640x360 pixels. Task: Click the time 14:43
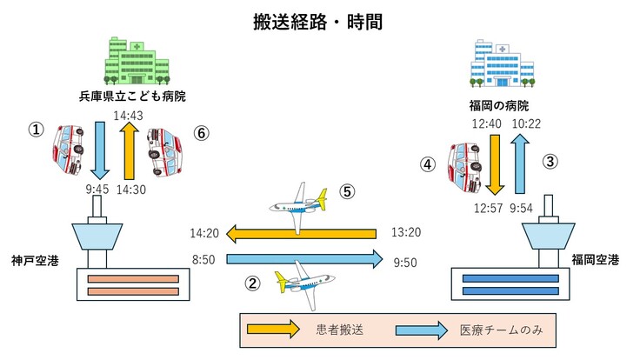tap(129, 115)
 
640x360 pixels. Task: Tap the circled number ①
tap(36, 130)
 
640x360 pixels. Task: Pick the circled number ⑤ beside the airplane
tap(347, 194)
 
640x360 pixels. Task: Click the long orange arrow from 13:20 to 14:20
tap(301, 233)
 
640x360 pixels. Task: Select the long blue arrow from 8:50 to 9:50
tap(304, 258)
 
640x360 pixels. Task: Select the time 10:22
tap(525, 125)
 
